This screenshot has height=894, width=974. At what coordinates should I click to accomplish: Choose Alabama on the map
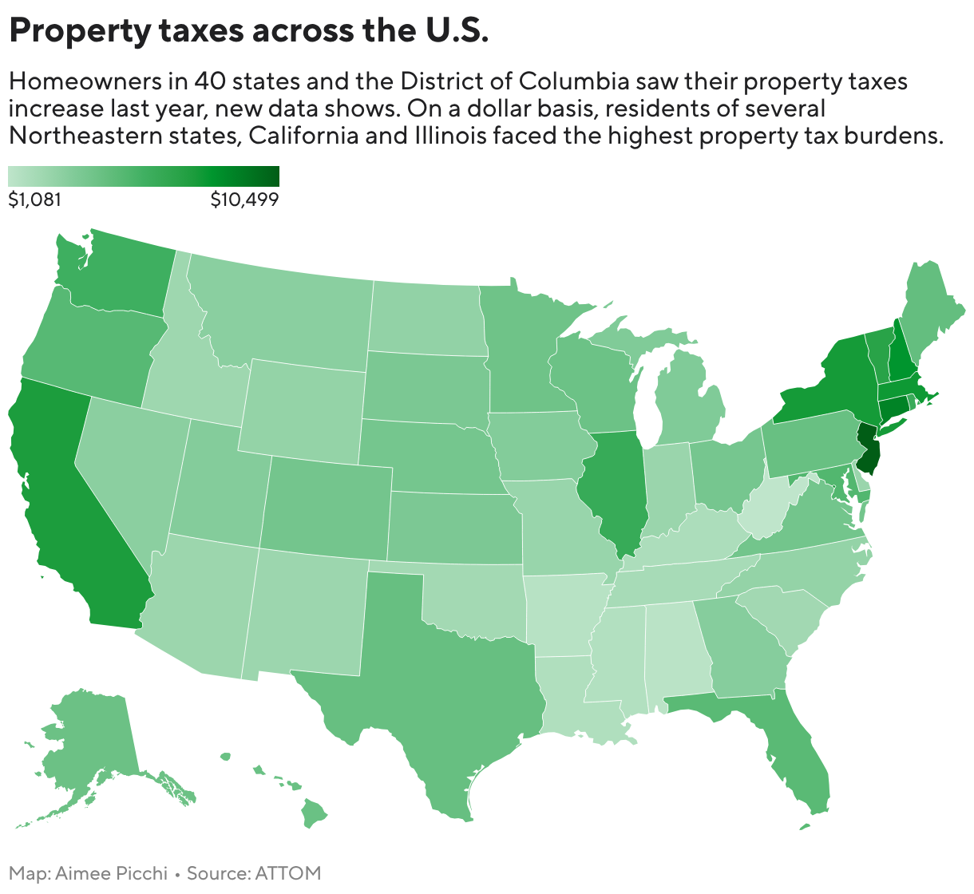click(675, 647)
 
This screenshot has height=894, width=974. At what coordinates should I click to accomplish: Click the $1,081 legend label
click(34, 200)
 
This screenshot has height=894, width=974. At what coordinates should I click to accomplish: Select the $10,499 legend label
click(244, 200)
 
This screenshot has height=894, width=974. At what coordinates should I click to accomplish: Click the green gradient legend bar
click(144, 176)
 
